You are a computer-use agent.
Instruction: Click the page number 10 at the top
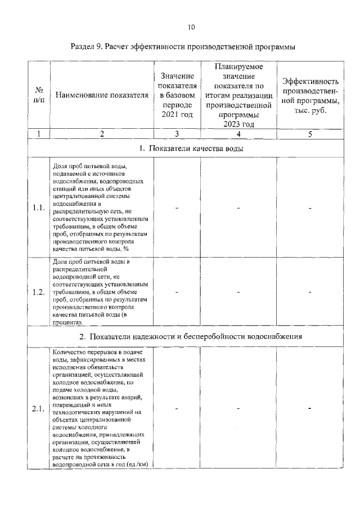[x=191, y=27]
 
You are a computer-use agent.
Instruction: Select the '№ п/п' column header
[x=39, y=95]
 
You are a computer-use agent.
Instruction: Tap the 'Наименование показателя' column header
[x=102, y=95]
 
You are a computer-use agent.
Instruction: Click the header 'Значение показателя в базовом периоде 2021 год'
[x=177, y=95]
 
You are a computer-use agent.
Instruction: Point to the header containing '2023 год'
[x=238, y=95]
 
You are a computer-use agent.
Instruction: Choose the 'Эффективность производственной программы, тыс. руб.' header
[x=310, y=95]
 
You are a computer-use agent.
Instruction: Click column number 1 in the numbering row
[x=39, y=134]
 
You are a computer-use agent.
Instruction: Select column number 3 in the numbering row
[x=177, y=134]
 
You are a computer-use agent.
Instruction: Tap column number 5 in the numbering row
[x=310, y=134]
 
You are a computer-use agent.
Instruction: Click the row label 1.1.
[x=39, y=208]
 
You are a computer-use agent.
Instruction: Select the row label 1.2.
[x=39, y=292]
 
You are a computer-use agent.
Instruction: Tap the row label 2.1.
[x=39, y=408]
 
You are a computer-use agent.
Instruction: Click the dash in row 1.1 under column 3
[x=177, y=208]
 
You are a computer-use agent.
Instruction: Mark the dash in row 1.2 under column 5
[x=310, y=292]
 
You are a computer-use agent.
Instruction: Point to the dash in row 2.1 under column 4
[x=238, y=409]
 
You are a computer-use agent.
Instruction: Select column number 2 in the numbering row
[x=102, y=134]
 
